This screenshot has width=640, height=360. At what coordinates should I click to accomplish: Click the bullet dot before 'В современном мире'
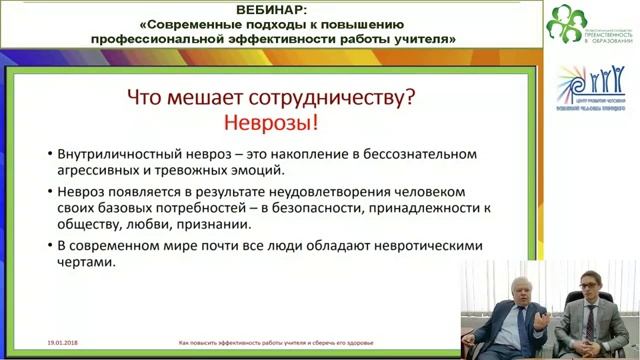point(50,246)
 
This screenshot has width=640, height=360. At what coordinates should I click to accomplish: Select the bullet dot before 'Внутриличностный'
point(50,156)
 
